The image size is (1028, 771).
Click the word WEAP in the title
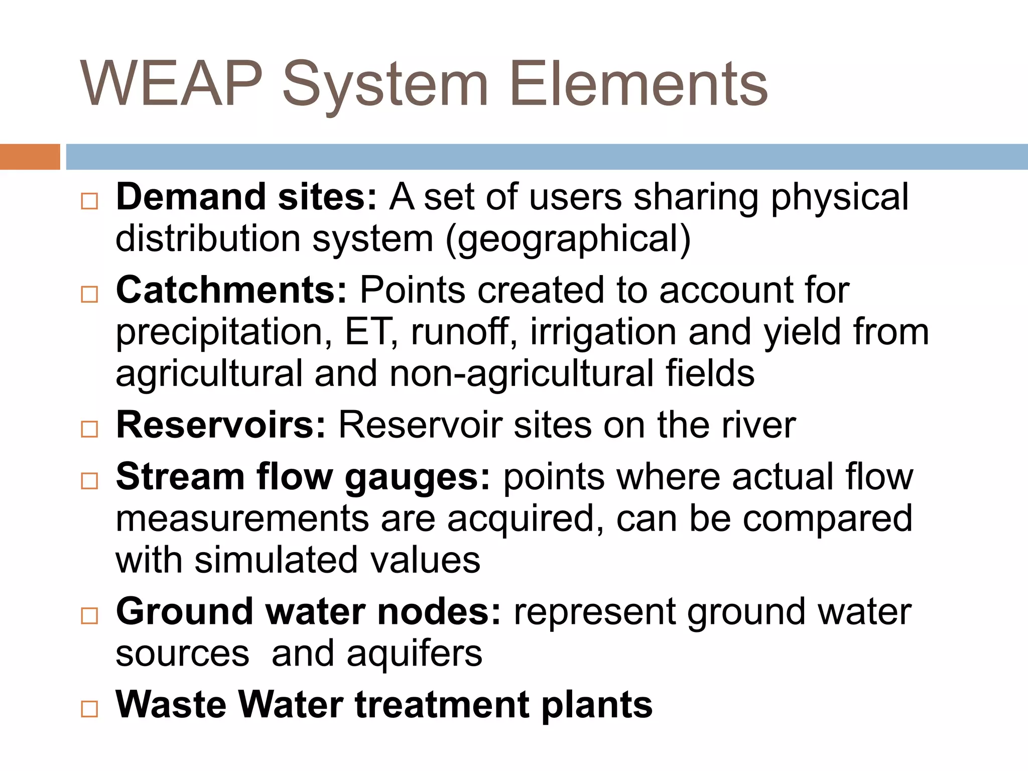coord(171,84)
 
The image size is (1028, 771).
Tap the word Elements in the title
coord(638,84)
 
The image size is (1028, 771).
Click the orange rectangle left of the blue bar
coord(30,157)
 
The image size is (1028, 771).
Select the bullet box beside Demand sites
coord(89,201)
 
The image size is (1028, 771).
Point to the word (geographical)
coord(568,240)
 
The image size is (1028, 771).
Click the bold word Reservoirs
coord(221,425)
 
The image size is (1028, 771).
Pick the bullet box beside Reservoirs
coord(89,429)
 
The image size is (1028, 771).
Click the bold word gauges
coord(417,478)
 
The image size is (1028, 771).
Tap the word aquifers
coord(415,654)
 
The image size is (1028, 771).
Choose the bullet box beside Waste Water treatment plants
coord(89,709)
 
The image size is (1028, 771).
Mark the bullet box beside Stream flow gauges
coord(89,481)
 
